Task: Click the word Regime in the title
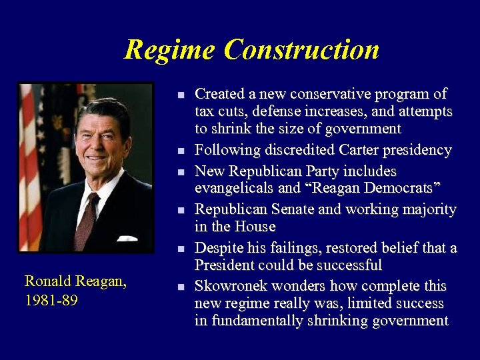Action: click(x=169, y=49)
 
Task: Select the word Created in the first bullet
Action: click(x=219, y=94)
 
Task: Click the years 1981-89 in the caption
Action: click(x=51, y=301)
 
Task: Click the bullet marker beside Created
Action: click(x=181, y=95)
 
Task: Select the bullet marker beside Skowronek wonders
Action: click(x=181, y=287)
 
